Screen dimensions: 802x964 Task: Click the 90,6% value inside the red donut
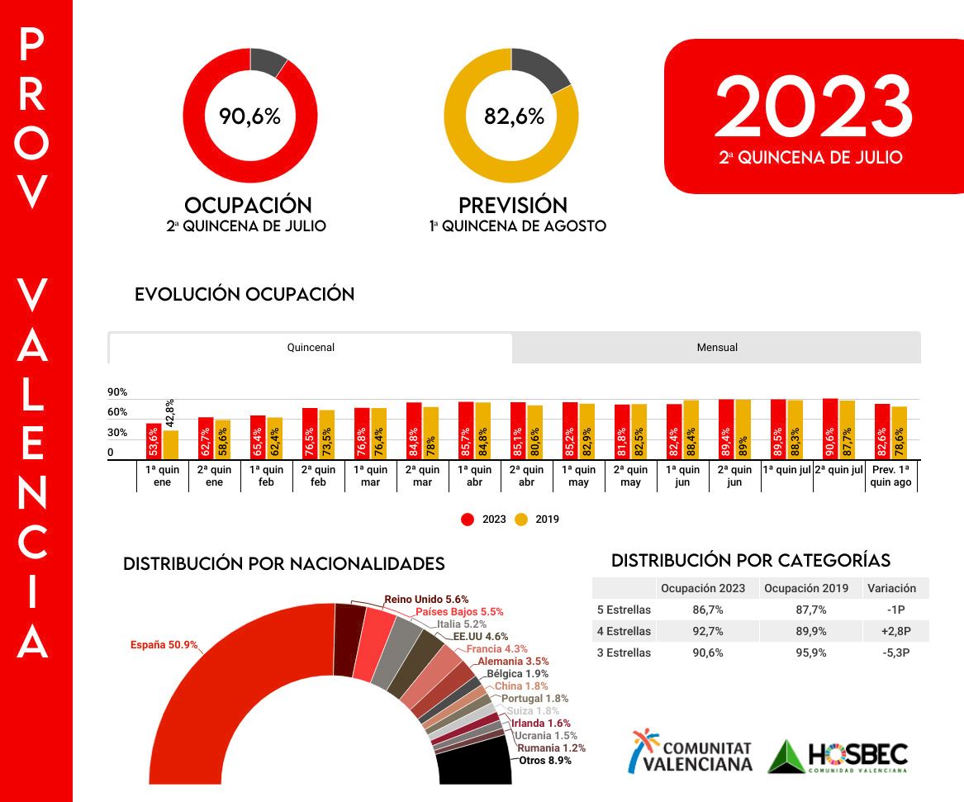point(249,116)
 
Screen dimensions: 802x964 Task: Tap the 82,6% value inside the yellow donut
point(514,116)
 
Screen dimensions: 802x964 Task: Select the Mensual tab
point(717,348)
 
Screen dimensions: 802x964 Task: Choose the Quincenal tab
point(311,348)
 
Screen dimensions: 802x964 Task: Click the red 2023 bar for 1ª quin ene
point(154,441)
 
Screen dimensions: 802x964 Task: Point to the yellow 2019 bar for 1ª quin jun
point(691,429)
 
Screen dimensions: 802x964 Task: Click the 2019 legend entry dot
point(521,520)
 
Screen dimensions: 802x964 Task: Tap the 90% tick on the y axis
point(117,392)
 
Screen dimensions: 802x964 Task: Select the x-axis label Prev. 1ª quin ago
point(890,477)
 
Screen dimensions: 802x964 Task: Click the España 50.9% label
point(164,645)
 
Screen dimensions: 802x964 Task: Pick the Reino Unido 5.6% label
point(426,599)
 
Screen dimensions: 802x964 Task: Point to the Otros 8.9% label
point(544,761)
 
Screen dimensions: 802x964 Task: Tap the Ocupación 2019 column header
point(805,588)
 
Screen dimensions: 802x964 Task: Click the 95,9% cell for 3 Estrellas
point(805,653)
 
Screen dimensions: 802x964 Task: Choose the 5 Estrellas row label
point(624,610)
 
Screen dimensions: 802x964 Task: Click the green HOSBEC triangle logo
point(786,756)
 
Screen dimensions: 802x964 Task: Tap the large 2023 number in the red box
point(813,107)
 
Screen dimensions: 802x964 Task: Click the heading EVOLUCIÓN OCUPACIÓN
point(245,294)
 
